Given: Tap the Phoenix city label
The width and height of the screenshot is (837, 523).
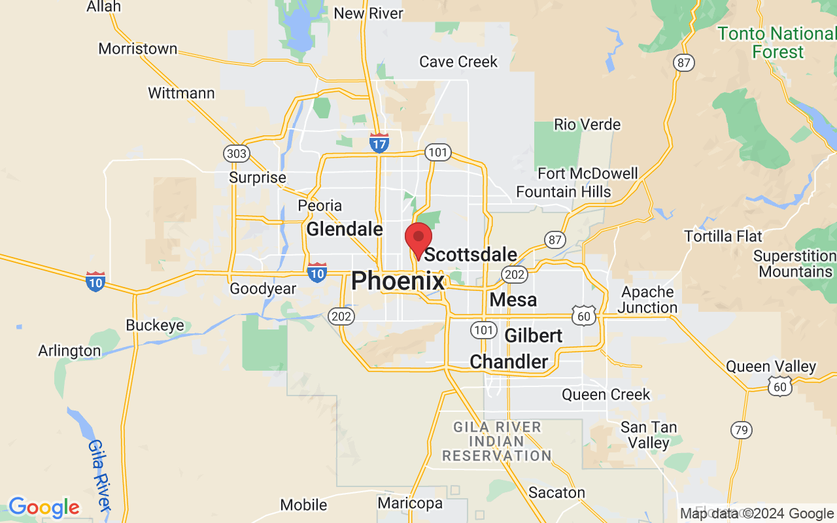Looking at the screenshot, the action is pos(398,281).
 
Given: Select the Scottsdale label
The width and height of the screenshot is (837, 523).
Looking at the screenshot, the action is pos(471,254).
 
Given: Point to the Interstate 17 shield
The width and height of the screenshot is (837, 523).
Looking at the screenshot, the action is pos(379,143).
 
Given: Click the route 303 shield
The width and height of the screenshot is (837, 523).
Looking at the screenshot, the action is pos(236,154).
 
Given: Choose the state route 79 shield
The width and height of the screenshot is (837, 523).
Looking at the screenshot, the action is pos(741,430).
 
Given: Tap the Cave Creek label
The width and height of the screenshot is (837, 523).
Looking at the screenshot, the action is pos(458,62).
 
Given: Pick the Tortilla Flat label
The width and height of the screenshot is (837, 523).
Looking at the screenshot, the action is pos(723,235).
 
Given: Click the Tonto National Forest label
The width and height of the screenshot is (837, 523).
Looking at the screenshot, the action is pos(777,42).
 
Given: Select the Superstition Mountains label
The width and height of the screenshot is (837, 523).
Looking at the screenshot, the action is pos(795,263).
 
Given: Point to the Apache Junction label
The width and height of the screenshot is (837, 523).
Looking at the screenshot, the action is pos(647,299).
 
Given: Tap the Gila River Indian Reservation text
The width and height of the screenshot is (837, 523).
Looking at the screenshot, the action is pos(496,441).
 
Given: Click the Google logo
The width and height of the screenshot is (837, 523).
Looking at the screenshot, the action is pos(44,507).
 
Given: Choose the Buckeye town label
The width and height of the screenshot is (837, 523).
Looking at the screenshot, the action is pos(155,326).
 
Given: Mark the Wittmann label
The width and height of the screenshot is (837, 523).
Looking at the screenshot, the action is pos(181,93).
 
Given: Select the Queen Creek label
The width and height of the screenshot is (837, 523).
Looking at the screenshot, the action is pos(606,395).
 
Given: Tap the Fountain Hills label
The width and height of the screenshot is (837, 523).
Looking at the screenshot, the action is pos(563,192).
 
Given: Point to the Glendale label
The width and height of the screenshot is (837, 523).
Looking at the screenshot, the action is pos(345,229).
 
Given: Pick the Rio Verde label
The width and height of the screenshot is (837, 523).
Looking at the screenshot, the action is pos(587,124).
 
